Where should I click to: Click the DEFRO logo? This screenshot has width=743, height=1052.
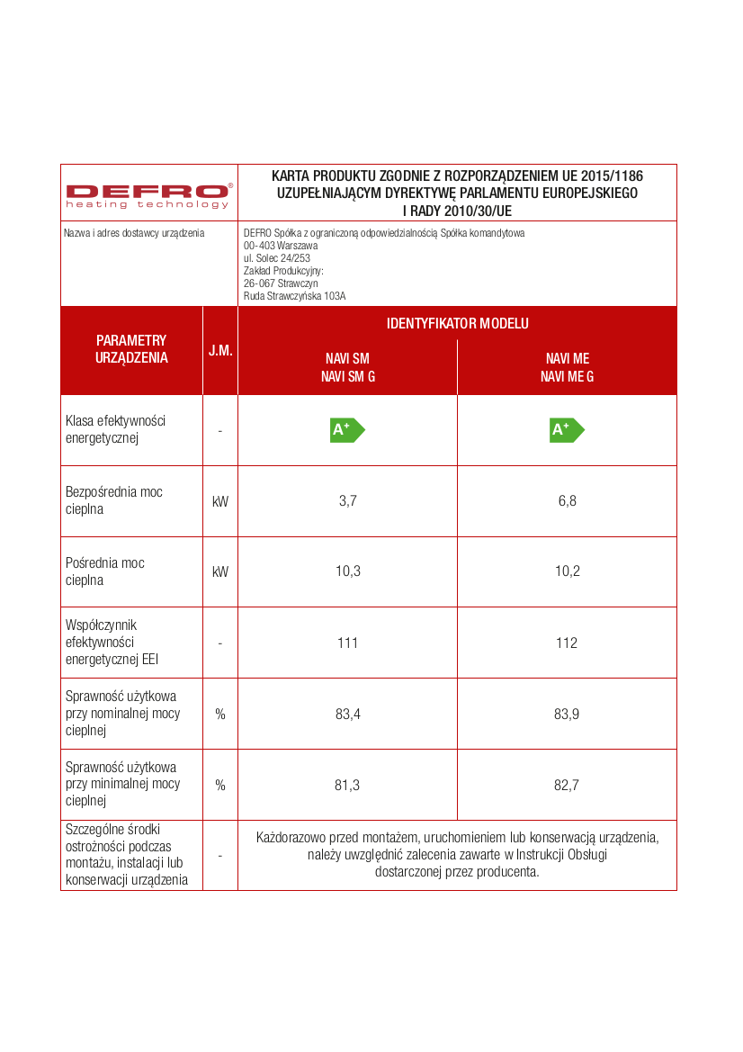pyautogui.click(x=148, y=193)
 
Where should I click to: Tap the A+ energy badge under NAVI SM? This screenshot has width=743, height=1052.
pyautogui.click(x=347, y=430)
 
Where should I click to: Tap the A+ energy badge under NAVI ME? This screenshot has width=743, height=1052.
pyautogui.click(x=567, y=430)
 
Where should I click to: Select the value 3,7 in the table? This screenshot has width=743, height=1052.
pyautogui.click(x=348, y=501)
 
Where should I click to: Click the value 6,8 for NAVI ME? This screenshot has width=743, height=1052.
pyautogui.click(x=567, y=501)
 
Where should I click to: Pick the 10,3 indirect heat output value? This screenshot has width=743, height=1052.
pyautogui.click(x=348, y=572)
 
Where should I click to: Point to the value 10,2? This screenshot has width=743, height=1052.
pyautogui.click(x=567, y=572)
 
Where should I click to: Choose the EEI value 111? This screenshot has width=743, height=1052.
pyautogui.click(x=348, y=643)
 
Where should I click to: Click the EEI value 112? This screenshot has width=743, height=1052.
pyautogui.click(x=567, y=643)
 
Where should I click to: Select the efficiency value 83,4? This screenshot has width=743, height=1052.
pyautogui.click(x=348, y=714)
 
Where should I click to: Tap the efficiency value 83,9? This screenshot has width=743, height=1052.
pyautogui.click(x=567, y=714)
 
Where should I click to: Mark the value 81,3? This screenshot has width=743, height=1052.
pyautogui.click(x=348, y=785)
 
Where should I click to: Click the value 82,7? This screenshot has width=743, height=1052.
pyautogui.click(x=567, y=785)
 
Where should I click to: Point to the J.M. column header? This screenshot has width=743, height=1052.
pyautogui.click(x=220, y=350)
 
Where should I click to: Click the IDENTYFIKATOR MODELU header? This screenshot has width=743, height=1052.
pyautogui.click(x=457, y=323)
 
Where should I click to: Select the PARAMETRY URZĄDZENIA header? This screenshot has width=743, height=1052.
pyautogui.click(x=131, y=349)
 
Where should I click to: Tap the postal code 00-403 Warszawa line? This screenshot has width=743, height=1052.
pyautogui.click(x=281, y=245)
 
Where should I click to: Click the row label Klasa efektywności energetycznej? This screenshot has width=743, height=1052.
pyautogui.click(x=115, y=429)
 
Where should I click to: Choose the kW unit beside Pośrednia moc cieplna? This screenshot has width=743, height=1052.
pyautogui.click(x=220, y=572)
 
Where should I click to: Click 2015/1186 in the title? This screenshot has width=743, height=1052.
pyautogui.click(x=612, y=175)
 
